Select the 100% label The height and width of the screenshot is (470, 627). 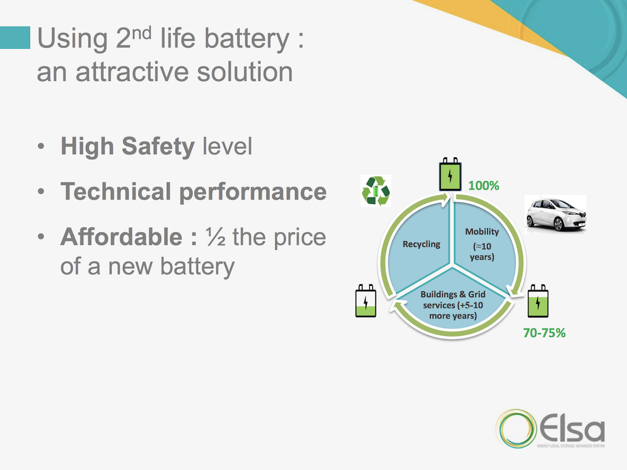coord(483,186)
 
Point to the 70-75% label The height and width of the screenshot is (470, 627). coord(544,333)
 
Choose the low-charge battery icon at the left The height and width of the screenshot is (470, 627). coord(366,303)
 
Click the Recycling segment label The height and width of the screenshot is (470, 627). coord(422,244)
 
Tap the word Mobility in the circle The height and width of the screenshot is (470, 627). coord(482,232)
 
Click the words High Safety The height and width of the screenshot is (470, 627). coord(127,147)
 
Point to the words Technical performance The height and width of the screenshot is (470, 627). coord(193,192)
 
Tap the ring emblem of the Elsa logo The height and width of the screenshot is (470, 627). coord(514,431)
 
